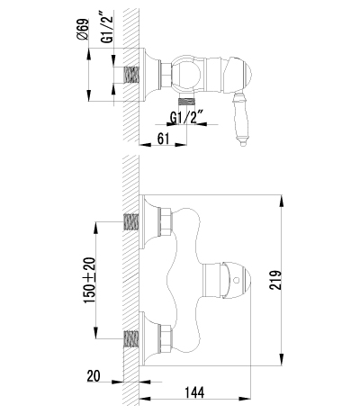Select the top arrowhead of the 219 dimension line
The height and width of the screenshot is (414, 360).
click(x=281, y=194)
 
